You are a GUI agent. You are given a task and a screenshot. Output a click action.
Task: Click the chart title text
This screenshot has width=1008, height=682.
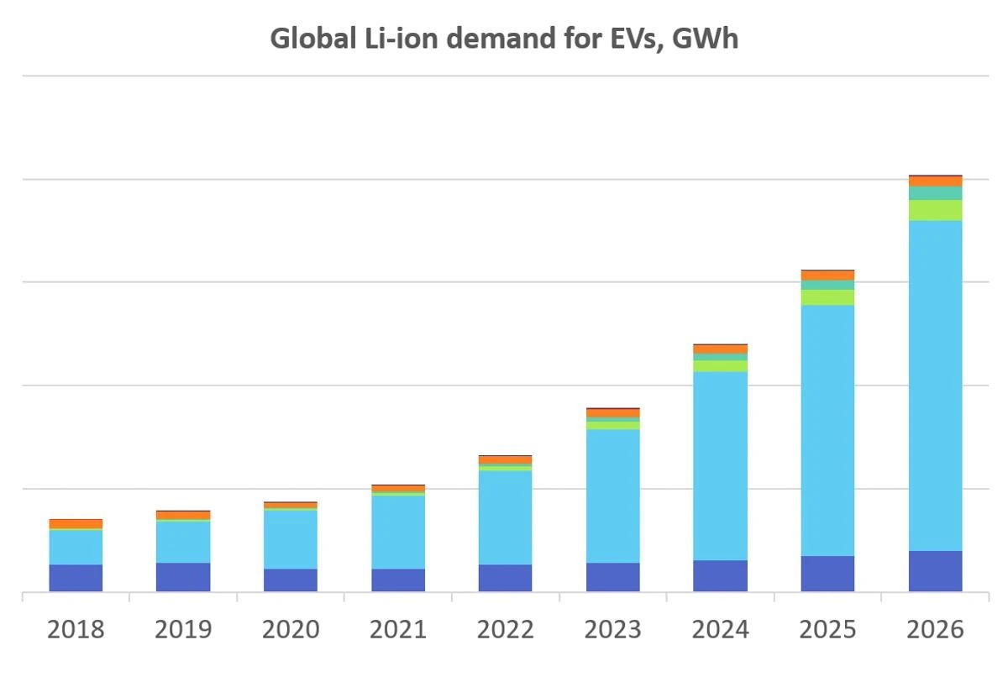click(503, 39)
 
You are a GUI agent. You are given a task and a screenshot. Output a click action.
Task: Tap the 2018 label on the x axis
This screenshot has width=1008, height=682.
click(76, 630)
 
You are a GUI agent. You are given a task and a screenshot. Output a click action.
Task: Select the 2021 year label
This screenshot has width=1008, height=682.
click(398, 630)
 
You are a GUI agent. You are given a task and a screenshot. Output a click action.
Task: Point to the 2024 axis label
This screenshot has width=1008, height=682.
click(720, 630)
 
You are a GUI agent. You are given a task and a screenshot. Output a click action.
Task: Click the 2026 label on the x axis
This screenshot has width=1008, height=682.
click(935, 630)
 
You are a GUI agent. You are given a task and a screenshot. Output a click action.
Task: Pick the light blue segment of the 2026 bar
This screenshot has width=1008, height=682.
click(935, 386)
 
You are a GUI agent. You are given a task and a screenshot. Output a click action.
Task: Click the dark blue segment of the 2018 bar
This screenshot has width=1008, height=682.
click(76, 578)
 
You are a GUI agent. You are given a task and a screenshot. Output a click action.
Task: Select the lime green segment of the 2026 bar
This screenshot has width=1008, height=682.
click(935, 210)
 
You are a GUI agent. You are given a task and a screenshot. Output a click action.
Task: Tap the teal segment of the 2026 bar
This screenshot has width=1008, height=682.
click(935, 193)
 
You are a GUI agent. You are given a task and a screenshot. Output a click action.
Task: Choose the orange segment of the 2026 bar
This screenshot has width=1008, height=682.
click(935, 181)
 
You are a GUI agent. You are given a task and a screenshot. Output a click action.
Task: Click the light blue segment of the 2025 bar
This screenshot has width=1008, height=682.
click(827, 430)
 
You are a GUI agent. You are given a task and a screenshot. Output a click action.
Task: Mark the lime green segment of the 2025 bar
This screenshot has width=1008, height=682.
click(827, 297)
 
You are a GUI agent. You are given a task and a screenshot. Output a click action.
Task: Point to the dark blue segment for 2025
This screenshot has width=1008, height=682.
click(827, 574)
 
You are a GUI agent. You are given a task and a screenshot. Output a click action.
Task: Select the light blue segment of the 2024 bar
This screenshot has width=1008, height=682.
click(720, 466)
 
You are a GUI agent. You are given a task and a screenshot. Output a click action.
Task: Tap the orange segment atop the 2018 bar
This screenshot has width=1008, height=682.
click(76, 524)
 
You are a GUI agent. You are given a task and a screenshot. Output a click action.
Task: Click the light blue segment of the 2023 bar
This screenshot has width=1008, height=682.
click(612, 496)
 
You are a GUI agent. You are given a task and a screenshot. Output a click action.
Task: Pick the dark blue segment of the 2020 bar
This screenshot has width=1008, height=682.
click(291, 580)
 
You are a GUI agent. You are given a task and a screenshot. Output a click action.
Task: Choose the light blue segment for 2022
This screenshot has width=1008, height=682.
click(505, 517)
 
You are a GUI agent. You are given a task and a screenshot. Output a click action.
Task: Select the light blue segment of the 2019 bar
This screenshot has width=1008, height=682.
click(183, 543)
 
